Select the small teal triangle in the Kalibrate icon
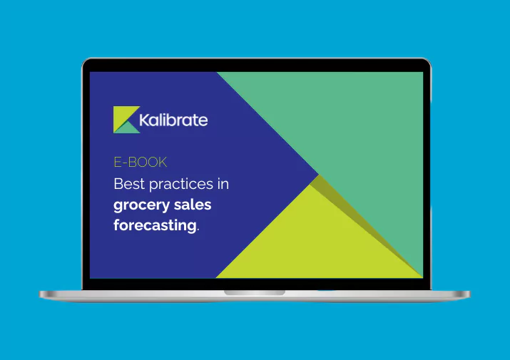pyautogui.click(x=129, y=127)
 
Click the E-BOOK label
pyautogui.click(x=141, y=163)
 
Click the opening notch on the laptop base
pyautogui.click(x=255, y=292)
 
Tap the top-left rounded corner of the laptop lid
pyautogui.click(x=85, y=61)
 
